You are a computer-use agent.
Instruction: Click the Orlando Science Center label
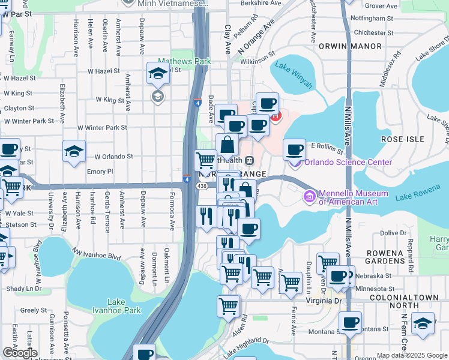click(348, 162)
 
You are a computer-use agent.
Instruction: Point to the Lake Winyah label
click(294, 76)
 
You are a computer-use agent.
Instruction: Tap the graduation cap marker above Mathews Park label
click(158, 75)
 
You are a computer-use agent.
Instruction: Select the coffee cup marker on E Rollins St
click(294, 150)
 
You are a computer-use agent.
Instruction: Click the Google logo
click(19, 353)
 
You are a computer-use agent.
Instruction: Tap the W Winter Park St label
click(102, 128)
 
